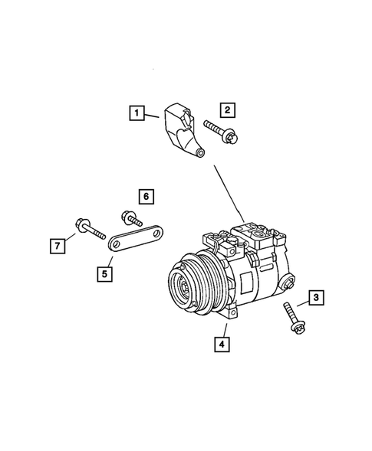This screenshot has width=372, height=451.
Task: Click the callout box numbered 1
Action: coord(136,116)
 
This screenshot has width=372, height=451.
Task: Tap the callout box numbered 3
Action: coord(316,298)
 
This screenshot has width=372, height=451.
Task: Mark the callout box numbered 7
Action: coord(57,245)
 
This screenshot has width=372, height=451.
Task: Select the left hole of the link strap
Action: coord(117,244)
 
